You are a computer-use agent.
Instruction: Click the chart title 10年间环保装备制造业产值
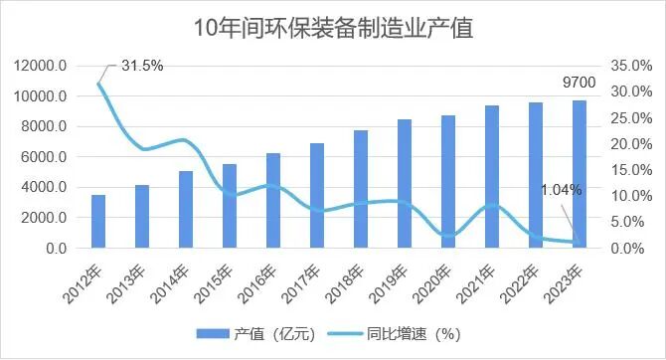point(332,27)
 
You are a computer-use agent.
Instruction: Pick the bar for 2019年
point(405,183)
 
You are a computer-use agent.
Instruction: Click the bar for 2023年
point(580,174)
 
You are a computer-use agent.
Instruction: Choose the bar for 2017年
point(317,195)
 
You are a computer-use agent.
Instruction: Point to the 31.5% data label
point(142,66)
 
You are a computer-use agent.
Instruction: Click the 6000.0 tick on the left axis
point(46,157)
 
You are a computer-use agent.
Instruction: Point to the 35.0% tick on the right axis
point(631,66)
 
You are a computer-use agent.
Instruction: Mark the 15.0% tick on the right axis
point(631,170)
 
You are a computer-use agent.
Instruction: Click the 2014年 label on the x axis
point(177,278)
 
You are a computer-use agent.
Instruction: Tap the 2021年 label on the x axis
point(483,278)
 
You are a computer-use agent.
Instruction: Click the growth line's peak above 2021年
point(492,205)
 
